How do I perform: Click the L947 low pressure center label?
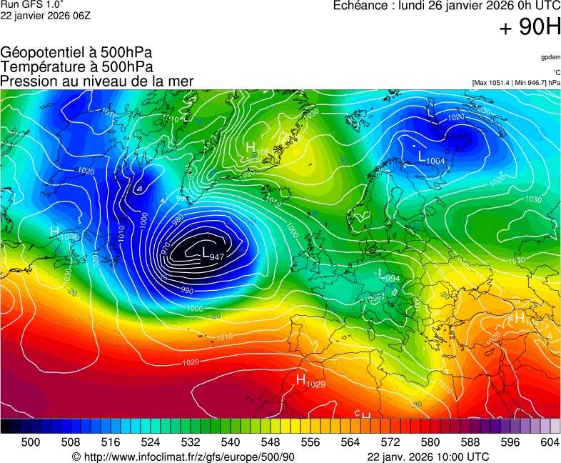[213, 254]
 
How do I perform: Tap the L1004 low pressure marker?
[431, 158]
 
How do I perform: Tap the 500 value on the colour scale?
[31, 442]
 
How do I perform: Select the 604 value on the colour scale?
[550, 442]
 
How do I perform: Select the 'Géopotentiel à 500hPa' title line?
[76, 53]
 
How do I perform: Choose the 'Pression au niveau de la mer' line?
[97, 81]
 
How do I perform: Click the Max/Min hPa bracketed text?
[516, 83]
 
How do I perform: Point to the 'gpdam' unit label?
[550, 56]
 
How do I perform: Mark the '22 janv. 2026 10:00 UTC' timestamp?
[428, 457]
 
